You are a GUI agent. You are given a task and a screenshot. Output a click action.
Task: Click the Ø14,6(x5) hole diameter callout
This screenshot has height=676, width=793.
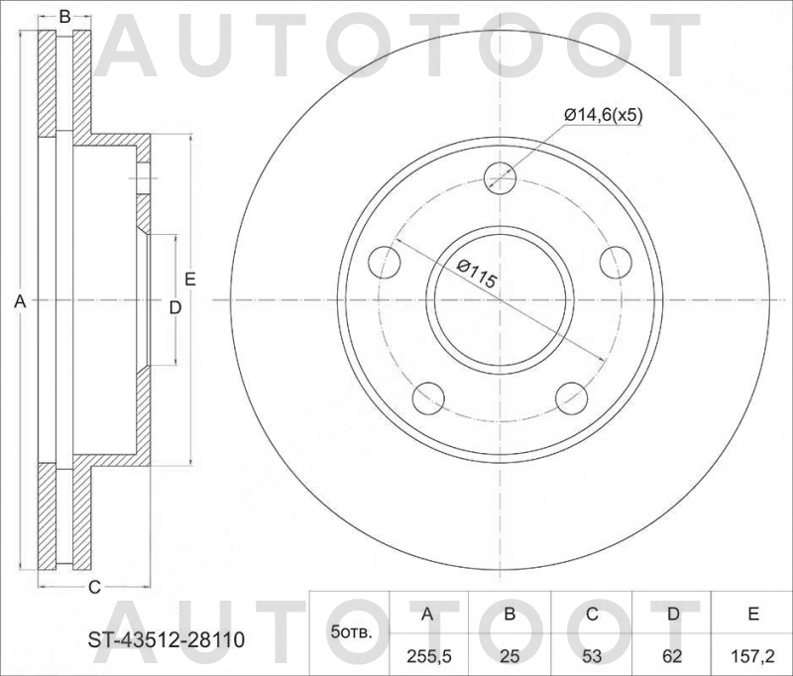click(604, 115)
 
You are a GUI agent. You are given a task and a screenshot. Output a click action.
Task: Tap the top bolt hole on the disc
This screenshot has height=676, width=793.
click(501, 178)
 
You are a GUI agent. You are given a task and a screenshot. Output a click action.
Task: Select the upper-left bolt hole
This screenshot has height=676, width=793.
click(385, 263)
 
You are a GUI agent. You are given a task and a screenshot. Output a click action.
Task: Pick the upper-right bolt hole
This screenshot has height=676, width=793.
click(617, 263)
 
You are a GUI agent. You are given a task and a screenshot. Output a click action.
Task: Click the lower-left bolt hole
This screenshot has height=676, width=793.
click(429, 398)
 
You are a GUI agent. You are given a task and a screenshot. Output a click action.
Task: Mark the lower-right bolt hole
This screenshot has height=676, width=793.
click(572, 398)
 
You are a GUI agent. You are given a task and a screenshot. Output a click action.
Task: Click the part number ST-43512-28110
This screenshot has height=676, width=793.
click(159, 641)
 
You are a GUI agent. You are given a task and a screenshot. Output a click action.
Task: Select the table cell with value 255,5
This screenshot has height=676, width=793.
click(428, 654)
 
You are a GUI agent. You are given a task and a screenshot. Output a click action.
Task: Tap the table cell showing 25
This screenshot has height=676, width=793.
click(510, 654)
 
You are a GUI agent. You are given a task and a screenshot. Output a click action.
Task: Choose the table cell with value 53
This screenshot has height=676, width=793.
click(591, 654)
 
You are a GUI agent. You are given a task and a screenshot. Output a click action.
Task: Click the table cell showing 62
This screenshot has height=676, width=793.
click(672, 654)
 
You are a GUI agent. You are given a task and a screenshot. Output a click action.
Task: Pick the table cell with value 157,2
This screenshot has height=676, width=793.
click(752, 654)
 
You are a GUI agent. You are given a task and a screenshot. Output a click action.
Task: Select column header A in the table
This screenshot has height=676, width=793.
click(428, 615)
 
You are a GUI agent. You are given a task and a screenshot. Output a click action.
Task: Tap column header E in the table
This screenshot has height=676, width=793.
click(752, 615)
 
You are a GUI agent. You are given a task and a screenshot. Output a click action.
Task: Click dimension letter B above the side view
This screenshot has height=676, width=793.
click(64, 16)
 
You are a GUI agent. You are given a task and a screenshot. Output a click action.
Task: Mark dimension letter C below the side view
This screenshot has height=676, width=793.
click(94, 587)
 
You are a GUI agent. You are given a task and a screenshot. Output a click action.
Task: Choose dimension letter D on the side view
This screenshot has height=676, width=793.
click(174, 308)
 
